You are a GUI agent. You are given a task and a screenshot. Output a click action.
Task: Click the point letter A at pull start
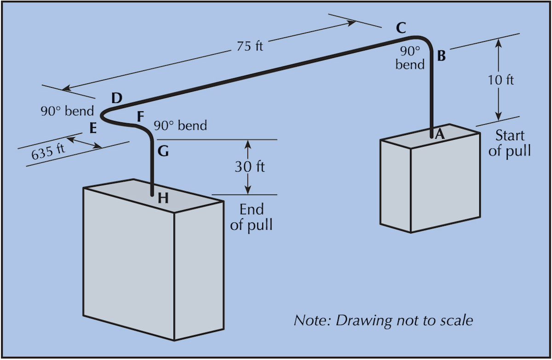(x=439, y=134)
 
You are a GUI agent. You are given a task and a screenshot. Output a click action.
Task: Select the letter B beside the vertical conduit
(x=441, y=56)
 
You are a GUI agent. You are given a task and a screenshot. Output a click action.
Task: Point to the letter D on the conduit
(x=117, y=97)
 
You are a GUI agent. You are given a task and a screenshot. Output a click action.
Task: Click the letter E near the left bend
(x=93, y=129)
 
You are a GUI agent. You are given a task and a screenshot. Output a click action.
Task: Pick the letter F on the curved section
(x=141, y=117)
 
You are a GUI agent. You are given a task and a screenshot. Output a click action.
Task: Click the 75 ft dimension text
(x=250, y=46)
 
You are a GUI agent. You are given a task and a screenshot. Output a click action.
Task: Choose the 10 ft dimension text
(x=501, y=80)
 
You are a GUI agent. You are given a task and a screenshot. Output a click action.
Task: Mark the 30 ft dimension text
(x=250, y=166)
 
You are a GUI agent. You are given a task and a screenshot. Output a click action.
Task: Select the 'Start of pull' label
(x=509, y=143)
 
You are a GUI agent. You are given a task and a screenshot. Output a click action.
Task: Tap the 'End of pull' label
(x=251, y=217)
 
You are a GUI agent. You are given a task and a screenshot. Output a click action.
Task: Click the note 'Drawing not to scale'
(x=383, y=320)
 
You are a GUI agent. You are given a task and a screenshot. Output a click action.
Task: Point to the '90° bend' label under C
(x=410, y=58)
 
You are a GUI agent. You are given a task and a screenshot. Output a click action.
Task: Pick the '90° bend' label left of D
(x=67, y=111)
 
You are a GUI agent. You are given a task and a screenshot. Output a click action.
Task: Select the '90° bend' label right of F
(x=180, y=125)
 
